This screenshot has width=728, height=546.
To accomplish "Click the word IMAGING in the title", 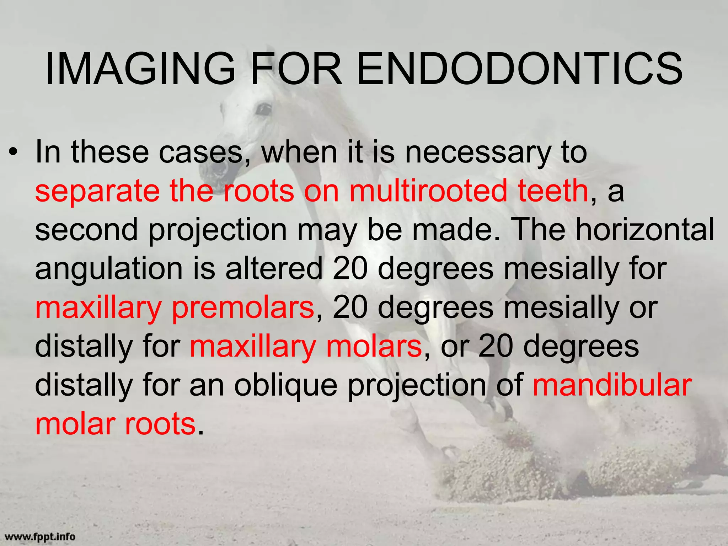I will (140, 69).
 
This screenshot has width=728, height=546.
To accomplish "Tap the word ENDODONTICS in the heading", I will (519, 69).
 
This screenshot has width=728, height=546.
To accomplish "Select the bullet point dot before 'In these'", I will (14, 153).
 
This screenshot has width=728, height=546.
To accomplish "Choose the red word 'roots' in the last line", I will (160, 424).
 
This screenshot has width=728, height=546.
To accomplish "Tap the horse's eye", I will (263, 109).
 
